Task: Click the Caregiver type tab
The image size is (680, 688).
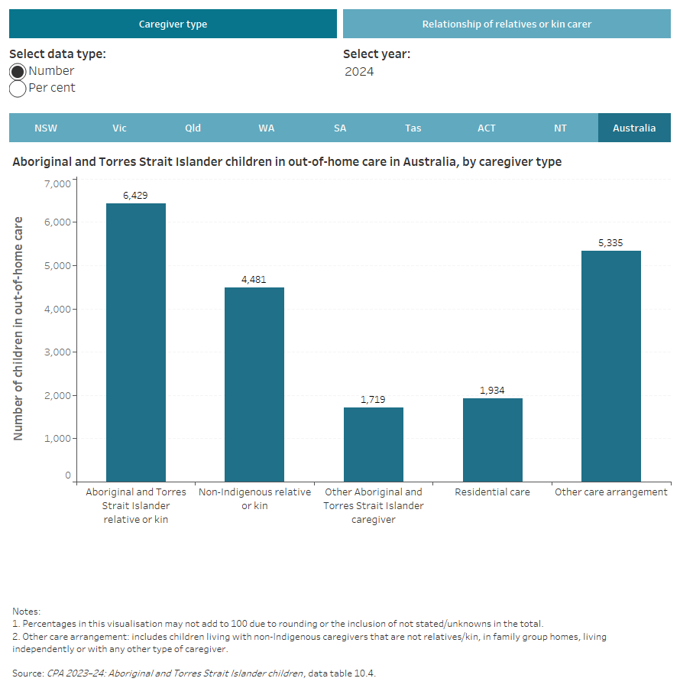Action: (173, 24)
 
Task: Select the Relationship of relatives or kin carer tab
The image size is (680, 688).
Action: (507, 24)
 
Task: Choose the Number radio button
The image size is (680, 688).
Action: (18, 71)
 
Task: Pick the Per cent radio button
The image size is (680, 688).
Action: (18, 88)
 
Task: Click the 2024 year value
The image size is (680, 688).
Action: (359, 72)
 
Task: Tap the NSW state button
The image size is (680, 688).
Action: (46, 128)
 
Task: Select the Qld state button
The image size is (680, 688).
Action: (193, 128)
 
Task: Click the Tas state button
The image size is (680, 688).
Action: (413, 128)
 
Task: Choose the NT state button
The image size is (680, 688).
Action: (560, 128)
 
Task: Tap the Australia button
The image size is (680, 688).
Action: (634, 128)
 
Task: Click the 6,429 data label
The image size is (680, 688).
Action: (135, 196)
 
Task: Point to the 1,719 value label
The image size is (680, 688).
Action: (373, 400)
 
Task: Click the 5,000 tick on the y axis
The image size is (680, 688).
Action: (57, 265)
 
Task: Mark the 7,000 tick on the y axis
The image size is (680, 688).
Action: (57, 183)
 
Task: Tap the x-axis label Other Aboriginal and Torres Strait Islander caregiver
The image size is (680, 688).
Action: (373, 505)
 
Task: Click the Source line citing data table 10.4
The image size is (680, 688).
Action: (194, 673)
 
